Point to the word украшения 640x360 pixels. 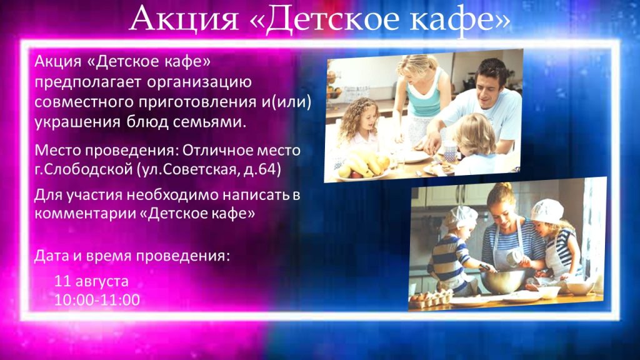click(77, 122)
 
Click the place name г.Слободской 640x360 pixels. click(83, 169)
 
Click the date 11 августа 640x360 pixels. click(91, 281)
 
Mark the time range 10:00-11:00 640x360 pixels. click(97, 299)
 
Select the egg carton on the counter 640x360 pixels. click(431, 299)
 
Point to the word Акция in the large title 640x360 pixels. click(184, 19)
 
